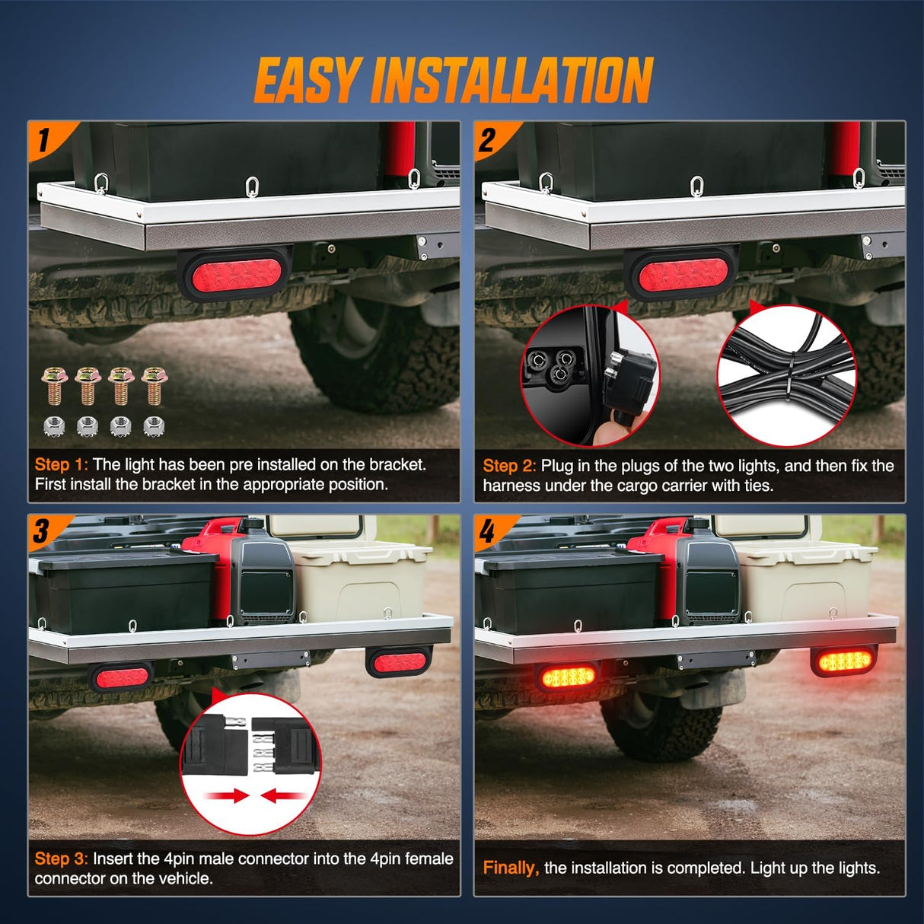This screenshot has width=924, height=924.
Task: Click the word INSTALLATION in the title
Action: pos(511,81)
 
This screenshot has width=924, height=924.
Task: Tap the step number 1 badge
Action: pos(43,139)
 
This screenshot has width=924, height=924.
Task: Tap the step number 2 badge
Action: pos(488,139)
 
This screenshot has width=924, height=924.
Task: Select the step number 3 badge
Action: pos(42,531)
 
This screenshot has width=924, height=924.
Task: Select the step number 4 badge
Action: pos(487,531)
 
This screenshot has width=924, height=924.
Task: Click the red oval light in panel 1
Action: pos(235,275)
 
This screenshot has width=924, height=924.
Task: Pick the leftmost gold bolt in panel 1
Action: pos(54,385)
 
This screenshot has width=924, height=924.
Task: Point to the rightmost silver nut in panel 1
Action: pos(154,425)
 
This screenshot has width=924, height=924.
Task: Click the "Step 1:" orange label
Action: pos(61,464)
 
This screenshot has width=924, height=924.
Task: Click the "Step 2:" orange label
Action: pos(509,466)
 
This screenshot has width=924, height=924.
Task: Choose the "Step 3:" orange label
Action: pos(61,859)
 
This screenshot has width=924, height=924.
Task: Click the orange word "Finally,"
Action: pos(511,868)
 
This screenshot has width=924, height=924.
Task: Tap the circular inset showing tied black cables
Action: pos(787,376)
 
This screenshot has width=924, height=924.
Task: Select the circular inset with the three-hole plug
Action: pos(590,376)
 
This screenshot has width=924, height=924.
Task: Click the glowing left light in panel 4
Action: pos(568,676)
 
